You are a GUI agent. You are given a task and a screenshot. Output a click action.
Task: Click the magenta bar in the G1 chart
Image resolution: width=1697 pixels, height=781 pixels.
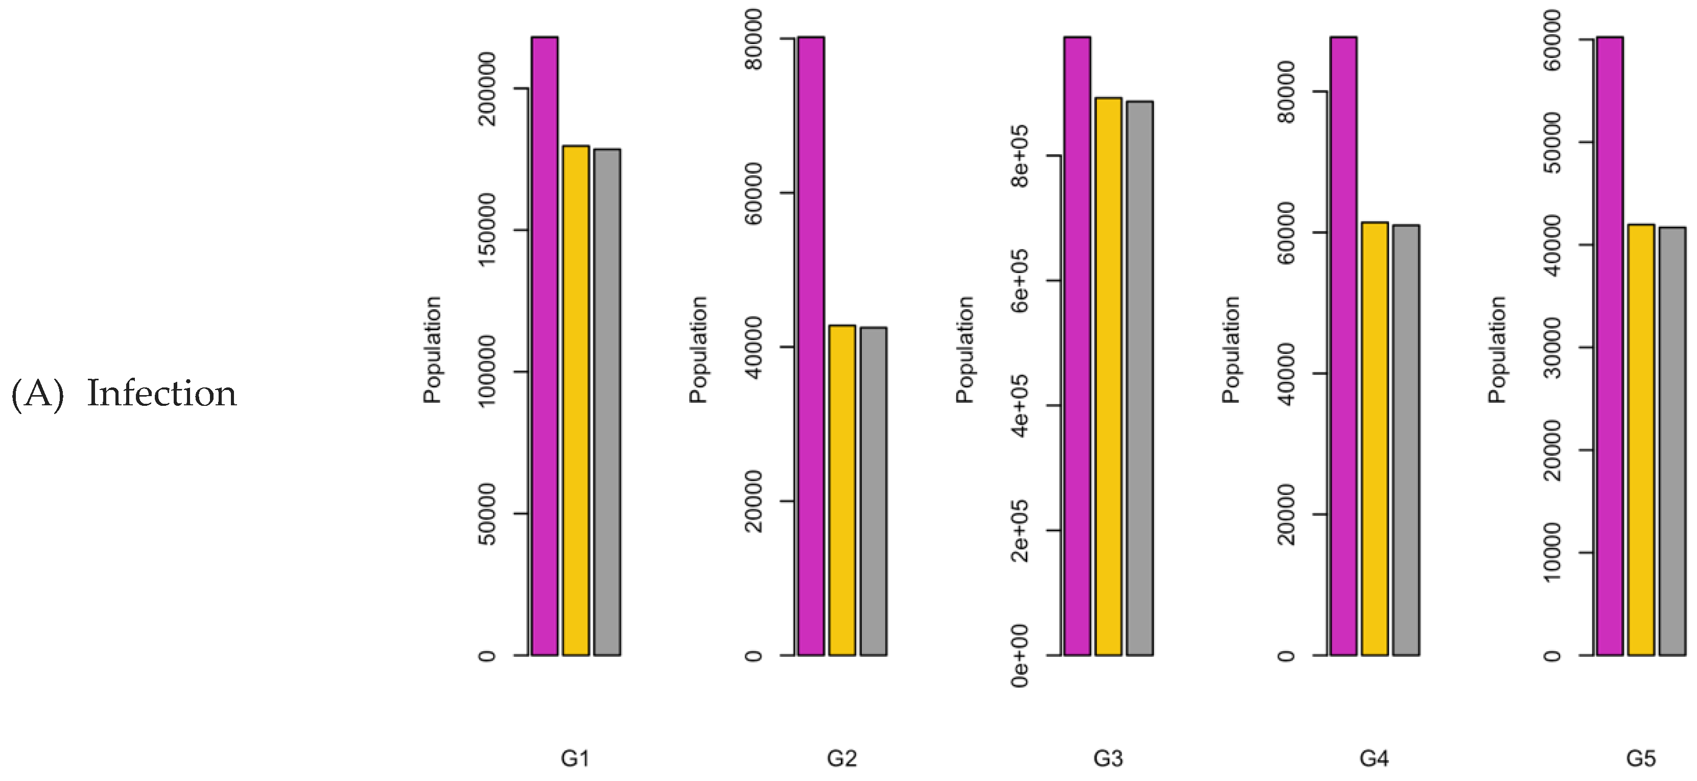click(544, 346)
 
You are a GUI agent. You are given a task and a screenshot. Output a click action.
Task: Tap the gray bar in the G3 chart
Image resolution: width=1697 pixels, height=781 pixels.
click(1139, 378)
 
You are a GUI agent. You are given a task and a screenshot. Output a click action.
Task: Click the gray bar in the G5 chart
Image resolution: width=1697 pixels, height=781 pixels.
click(1672, 442)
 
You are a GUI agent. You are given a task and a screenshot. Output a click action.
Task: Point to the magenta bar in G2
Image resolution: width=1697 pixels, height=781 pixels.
click(810, 346)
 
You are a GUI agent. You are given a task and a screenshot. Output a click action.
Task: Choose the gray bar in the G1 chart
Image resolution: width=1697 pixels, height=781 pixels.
click(607, 402)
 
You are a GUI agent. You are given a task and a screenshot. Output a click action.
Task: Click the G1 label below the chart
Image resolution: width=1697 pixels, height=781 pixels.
click(575, 759)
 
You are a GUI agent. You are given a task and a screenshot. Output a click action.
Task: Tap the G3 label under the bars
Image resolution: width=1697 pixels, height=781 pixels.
click(1107, 759)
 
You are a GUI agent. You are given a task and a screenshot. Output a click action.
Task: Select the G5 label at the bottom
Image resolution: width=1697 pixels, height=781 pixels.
click(1640, 759)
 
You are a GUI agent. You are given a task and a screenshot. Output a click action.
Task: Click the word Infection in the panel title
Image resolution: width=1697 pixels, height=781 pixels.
click(161, 394)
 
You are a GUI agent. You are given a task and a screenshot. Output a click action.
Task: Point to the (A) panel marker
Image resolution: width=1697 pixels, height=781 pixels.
click(38, 394)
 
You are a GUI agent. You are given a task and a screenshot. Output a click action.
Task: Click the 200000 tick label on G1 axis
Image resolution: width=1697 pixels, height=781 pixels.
click(487, 89)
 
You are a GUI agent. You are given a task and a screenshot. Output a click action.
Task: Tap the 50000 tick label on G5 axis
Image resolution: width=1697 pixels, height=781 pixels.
click(1553, 143)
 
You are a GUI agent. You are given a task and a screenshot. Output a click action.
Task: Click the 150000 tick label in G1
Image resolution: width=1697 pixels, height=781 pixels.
click(487, 230)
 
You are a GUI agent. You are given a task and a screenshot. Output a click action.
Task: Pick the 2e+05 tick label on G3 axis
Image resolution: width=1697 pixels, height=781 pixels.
click(1020, 530)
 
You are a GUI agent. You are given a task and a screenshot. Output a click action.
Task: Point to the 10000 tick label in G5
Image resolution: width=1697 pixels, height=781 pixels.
click(1553, 553)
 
